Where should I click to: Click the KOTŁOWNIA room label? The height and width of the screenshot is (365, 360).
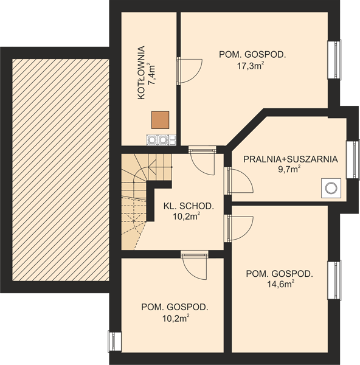coord(141,73)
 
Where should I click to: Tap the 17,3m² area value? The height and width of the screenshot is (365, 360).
coord(251,66)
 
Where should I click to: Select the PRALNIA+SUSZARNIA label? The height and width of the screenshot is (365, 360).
coord(291,159)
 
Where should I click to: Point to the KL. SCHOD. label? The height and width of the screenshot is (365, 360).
coord(189,206)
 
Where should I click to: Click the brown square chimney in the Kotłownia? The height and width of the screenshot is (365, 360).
coord(160,120)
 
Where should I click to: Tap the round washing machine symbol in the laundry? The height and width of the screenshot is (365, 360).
coord(331,188)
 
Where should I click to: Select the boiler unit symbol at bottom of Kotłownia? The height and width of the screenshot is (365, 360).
coord(161,140)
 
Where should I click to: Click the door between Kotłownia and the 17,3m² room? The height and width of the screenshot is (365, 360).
coord(189,71)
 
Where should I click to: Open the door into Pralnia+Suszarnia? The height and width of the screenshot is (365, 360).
coord(238,181)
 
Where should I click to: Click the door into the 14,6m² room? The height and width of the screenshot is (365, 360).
coord(238,228)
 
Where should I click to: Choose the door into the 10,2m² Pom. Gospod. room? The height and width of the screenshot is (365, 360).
coord(195,265)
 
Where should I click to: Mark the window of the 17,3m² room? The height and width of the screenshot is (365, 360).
coord(334,60)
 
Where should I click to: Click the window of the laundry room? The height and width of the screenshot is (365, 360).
coord(353,160)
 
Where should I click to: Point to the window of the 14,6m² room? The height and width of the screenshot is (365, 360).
coord(334,280)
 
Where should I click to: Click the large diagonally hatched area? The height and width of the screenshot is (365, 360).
coord(60,170)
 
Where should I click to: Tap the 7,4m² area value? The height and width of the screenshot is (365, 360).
coord(152,73)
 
